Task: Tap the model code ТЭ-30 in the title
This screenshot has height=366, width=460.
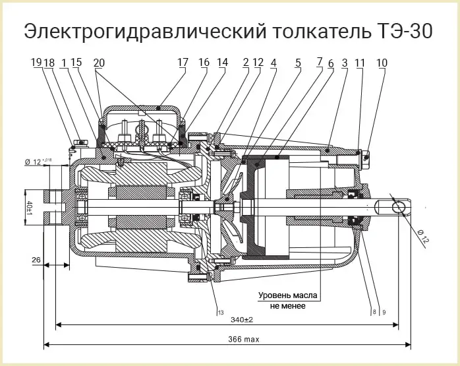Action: tap(403, 31)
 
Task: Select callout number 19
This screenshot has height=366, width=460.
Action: tap(36, 63)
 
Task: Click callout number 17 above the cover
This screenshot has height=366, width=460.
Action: tap(183, 63)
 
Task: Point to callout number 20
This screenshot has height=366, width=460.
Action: tap(99, 63)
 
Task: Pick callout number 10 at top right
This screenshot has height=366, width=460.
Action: tap(382, 63)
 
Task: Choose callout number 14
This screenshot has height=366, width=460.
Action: tap(222, 63)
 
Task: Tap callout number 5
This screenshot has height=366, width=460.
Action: tap(298, 63)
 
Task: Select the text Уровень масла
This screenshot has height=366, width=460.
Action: tap(289, 294)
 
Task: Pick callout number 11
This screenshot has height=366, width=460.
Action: tap(360, 63)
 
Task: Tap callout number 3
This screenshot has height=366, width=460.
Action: tap(345, 63)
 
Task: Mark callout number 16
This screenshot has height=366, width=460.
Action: tap(204, 63)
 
